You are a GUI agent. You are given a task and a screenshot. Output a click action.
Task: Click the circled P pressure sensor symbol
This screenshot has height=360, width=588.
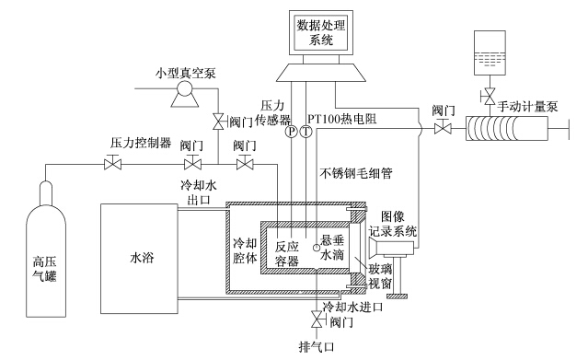tap(292, 132)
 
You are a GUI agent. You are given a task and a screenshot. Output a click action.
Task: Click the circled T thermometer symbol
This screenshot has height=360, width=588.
tap(306, 132)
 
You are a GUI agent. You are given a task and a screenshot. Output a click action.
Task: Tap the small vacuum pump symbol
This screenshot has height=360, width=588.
tap(185, 94)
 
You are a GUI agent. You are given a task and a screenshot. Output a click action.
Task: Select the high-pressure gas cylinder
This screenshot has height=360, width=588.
tap(46, 249)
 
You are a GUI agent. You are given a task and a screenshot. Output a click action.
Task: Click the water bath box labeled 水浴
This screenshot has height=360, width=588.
tap(139, 259)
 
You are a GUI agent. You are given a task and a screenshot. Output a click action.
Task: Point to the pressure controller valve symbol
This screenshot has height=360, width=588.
tap(112, 163)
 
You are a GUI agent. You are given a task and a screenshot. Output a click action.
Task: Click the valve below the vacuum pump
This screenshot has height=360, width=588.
tap(219, 122)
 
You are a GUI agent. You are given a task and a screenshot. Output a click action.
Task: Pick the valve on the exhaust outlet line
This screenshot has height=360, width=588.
tap(317, 319)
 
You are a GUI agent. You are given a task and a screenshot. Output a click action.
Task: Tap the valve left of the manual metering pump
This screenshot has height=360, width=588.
tap(443, 128)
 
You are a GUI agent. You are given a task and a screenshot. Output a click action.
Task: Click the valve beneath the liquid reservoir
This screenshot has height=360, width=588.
tap(489, 97)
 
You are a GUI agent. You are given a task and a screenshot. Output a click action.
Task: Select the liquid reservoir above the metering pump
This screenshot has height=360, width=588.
tap(490, 52)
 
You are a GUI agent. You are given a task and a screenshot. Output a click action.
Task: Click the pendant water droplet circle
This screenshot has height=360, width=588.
tap(316, 247)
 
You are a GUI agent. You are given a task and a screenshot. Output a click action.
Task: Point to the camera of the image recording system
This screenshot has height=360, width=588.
tap(391, 250)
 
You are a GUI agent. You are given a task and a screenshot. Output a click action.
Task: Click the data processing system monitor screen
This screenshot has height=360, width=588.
tap(321, 32)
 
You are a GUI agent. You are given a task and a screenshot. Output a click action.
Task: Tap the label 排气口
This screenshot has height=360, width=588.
tap(317, 347)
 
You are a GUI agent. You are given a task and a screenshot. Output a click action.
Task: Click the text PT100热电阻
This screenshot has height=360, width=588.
tap(342, 119)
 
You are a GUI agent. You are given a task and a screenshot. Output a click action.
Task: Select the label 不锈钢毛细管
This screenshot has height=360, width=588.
tap(356, 173)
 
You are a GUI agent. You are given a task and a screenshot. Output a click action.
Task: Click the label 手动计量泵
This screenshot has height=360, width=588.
tap(527, 107)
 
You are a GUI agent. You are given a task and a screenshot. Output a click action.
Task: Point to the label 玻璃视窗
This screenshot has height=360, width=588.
tap(380, 275)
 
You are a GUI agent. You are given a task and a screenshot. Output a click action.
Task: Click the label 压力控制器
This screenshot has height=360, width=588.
tap(141, 143)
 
